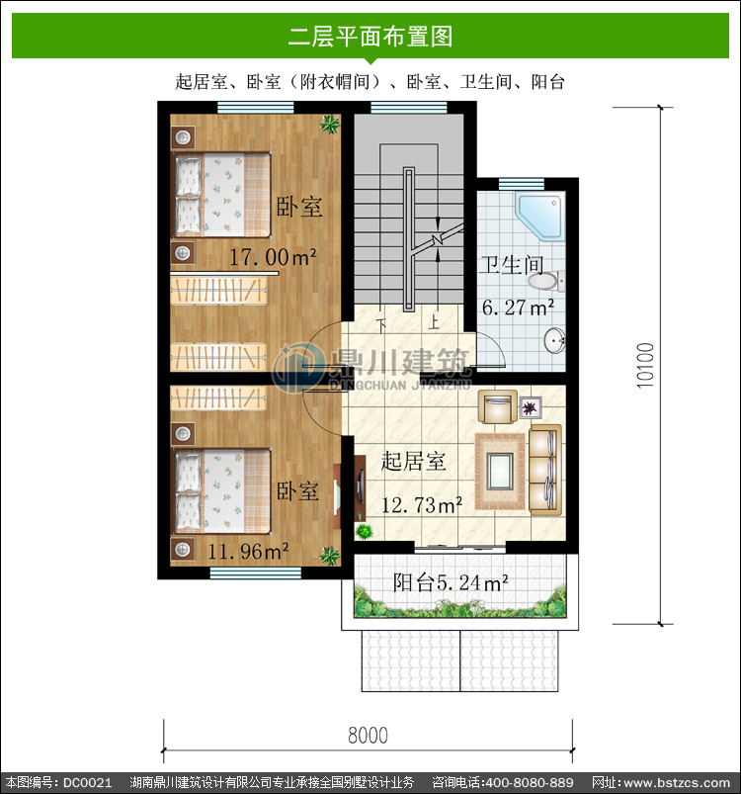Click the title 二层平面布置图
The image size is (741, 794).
coord(370,37)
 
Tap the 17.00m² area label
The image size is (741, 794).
coord(273,257)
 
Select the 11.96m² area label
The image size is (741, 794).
coord(248,551)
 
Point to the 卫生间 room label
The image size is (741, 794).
coord(512,265)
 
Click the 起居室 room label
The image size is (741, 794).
coord(413,461)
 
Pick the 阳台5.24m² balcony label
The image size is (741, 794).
coord(451,582)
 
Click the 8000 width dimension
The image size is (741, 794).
coord(368,736)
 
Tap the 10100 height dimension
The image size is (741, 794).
coord(645,366)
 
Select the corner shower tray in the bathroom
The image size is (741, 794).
coord(540,217)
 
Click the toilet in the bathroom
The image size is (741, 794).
coord(546,281)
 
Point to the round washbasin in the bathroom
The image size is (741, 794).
coord(555,340)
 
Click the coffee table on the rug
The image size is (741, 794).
coord(500,472)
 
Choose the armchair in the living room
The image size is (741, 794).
coord(498,406)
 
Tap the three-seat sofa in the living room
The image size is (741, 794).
coord(545,470)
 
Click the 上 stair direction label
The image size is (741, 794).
coord(434,322)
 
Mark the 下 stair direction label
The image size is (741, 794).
coord(381,324)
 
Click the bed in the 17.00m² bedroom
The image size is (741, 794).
coord(222,195)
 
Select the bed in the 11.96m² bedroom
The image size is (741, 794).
coord(222,491)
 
